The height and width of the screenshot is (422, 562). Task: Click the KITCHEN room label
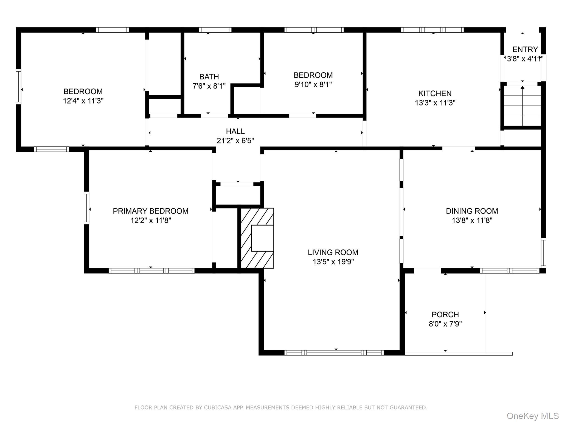435,93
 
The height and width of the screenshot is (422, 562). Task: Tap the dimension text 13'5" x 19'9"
333,262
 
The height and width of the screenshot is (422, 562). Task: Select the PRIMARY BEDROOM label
150,211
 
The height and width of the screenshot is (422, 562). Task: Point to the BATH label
209,77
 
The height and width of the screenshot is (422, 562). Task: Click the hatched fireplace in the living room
257,238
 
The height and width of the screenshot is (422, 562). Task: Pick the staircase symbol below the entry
522,106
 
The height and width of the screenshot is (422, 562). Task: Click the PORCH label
445,315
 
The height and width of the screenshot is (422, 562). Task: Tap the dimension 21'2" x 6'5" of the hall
235,141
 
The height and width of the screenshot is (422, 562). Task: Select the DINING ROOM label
472,211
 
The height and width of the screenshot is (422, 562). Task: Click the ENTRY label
525,49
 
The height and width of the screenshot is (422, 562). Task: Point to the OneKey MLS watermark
532,416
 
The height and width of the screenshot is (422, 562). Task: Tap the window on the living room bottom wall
334,353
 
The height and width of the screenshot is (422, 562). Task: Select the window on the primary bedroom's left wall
86,208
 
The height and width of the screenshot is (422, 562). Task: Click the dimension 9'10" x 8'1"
313,84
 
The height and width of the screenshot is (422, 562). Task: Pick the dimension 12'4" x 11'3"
83,101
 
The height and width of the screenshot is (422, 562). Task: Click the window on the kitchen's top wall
432,30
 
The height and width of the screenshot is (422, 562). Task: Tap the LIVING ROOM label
333,252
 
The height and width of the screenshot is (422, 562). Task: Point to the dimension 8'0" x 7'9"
445,324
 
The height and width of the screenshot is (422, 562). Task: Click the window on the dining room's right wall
543,253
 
